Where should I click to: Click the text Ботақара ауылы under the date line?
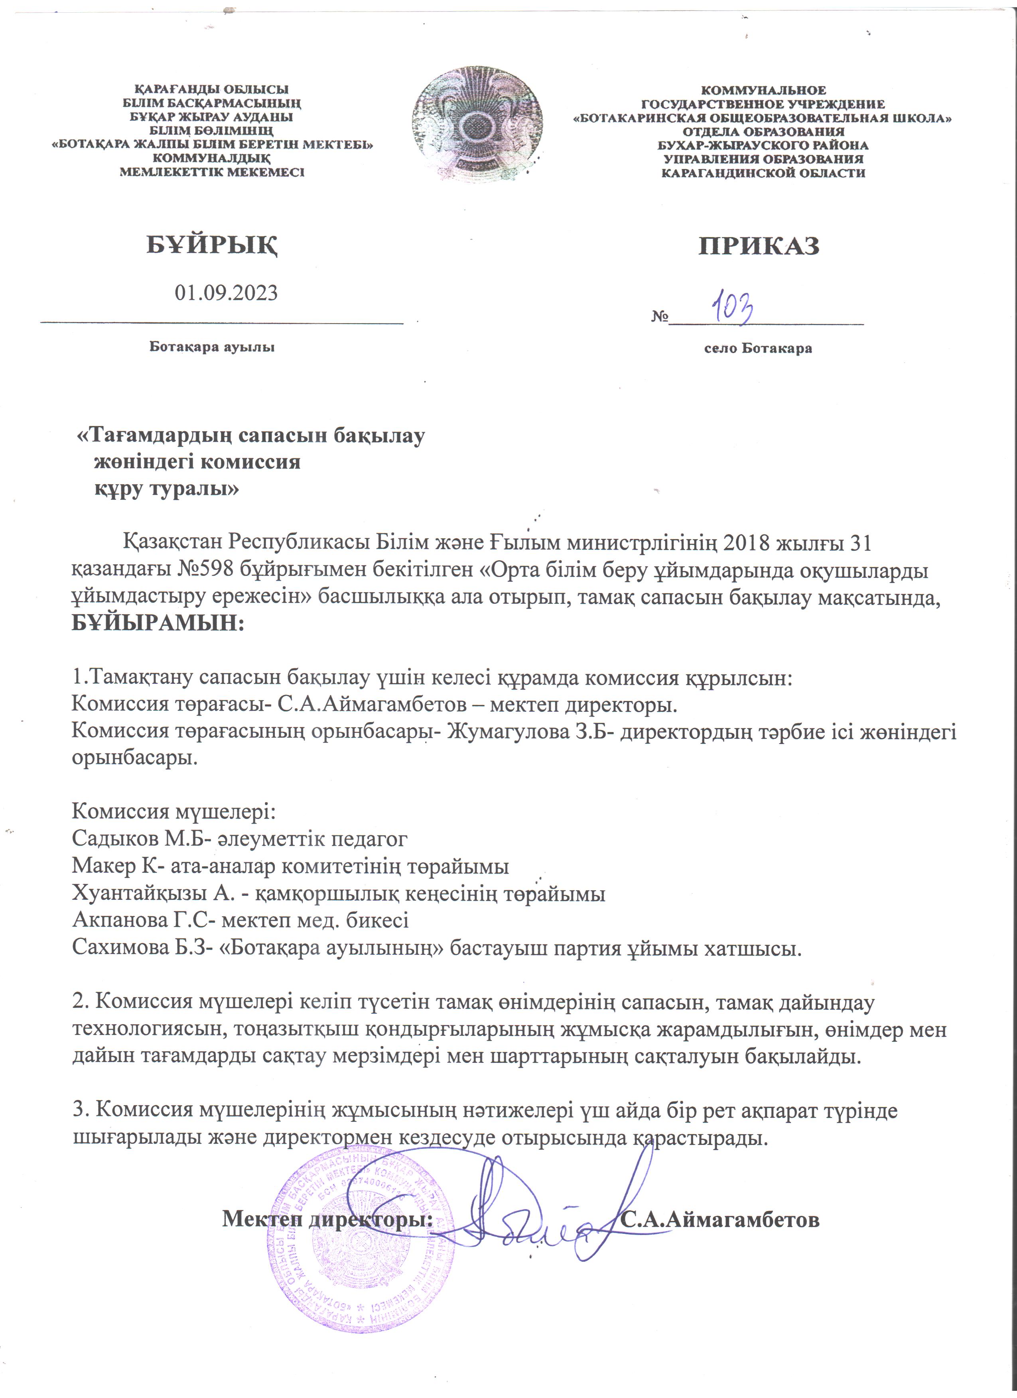click(211, 347)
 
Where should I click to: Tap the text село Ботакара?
click(758, 348)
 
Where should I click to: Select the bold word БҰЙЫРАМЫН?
click(158, 623)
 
